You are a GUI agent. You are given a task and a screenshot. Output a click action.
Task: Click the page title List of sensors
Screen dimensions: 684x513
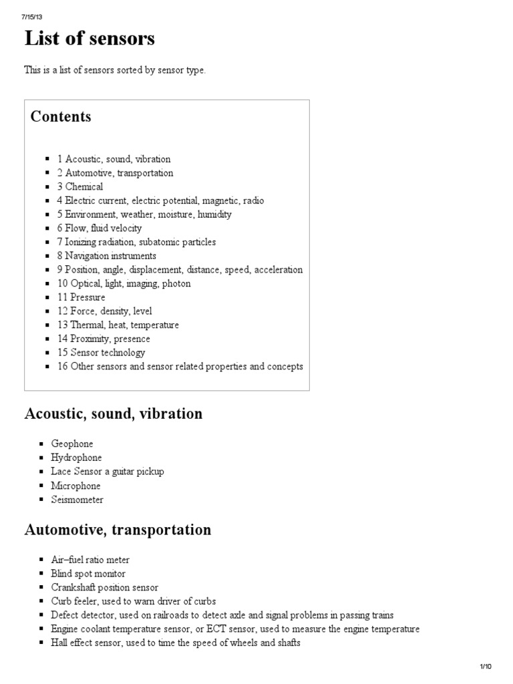tap(90, 39)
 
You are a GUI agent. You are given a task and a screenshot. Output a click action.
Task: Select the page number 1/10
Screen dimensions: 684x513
tap(485, 667)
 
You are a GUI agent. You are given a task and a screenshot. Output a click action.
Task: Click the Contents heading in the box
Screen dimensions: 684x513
tap(61, 117)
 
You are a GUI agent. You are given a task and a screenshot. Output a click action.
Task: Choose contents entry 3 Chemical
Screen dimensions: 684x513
tap(79, 187)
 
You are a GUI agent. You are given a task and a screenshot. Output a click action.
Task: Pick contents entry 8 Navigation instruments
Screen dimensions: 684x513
tap(106, 256)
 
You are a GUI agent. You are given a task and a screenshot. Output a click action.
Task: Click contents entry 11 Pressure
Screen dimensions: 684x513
tap(81, 297)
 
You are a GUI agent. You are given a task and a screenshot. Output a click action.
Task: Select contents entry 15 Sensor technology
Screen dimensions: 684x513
tap(101, 353)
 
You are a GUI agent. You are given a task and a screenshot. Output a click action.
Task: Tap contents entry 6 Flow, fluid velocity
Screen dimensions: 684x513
tap(99, 228)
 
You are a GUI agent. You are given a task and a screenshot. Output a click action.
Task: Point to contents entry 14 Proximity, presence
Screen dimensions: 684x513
tap(104, 339)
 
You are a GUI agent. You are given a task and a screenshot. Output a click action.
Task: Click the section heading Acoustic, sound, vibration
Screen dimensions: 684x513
tap(113, 414)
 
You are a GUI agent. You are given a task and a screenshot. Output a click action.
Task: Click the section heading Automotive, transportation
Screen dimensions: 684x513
tap(118, 530)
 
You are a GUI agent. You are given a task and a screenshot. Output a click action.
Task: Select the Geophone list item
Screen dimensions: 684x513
tap(72, 444)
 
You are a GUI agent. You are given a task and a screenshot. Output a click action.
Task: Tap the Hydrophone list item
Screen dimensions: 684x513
tap(76, 458)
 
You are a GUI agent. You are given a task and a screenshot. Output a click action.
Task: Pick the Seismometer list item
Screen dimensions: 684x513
tap(77, 500)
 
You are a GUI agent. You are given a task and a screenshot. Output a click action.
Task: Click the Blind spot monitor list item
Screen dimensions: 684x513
tap(88, 574)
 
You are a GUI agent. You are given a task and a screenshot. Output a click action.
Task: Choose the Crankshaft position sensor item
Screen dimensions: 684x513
tap(104, 588)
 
